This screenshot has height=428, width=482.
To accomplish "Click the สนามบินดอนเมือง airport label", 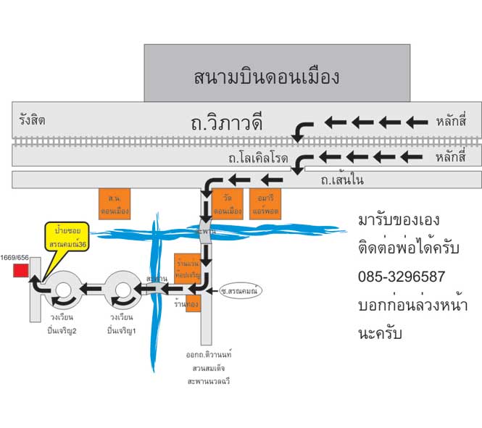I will click(x=267, y=76).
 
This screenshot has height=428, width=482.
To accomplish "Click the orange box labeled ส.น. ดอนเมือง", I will click(x=114, y=203).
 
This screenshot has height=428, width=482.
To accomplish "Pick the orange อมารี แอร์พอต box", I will click(x=263, y=203).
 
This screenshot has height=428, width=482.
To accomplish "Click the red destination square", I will click(x=20, y=271).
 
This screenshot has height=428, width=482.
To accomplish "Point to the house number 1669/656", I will click(x=14, y=258).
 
